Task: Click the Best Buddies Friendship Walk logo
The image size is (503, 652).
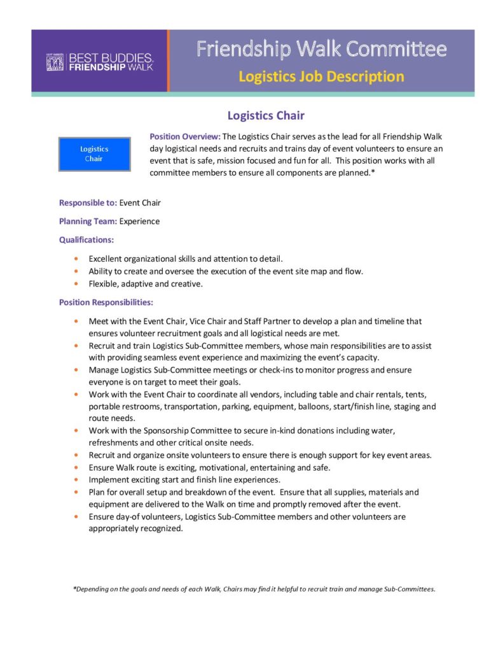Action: (99, 62)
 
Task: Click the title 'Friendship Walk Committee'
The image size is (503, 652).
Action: (321, 49)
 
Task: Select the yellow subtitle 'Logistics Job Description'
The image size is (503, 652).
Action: (321, 77)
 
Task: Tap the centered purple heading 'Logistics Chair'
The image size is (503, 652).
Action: (266, 115)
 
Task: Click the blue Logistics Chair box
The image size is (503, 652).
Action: (94, 153)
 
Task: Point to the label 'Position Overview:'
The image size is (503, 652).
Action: (185, 136)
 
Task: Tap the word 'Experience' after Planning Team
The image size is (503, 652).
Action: (139, 221)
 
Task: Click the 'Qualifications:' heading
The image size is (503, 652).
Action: (86, 240)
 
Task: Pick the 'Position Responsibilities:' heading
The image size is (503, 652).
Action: (106, 302)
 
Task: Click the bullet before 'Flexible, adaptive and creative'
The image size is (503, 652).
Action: (76, 284)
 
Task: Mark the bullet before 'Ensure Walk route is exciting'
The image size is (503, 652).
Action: (76, 467)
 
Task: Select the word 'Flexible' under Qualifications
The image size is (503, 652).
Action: (104, 284)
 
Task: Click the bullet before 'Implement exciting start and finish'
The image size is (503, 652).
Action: (76, 479)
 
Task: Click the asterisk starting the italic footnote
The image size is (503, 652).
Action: (74, 589)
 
